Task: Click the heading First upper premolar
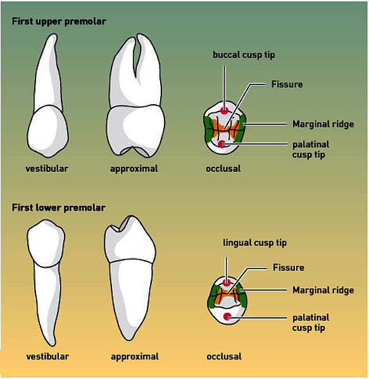pyautogui.click(x=59, y=21)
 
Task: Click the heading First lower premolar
pyautogui.click(x=59, y=208)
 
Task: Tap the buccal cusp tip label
pyautogui.click(x=244, y=55)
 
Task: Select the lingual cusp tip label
pyautogui.click(x=254, y=243)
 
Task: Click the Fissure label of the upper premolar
pyautogui.click(x=287, y=85)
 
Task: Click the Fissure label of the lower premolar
pyautogui.click(x=289, y=268)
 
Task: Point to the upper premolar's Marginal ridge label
pyautogui.click(x=323, y=124)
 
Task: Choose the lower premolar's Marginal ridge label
pyautogui.click(x=323, y=291)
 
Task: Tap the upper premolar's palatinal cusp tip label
pyautogui.click(x=311, y=150)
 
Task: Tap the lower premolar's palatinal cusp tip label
pyautogui.click(x=311, y=323)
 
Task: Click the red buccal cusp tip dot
pyautogui.click(x=225, y=111)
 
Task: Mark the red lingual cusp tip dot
pyautogui.click(x=227, y=282)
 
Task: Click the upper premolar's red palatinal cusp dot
pyautogui.click(x=222, y=144)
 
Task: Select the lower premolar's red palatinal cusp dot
pyautogui.click(x=227, y=316)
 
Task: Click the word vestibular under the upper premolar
pyautogui.click(x=47, y=169)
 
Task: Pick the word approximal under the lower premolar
pyautogui.click(x=135, y=357)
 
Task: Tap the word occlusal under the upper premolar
pyautogui.click(x=223, y=169)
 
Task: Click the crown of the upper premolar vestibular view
pyautogui.click(x=47, y=131)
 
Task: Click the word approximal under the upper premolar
pyautogui.click(x=134, y=169)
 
